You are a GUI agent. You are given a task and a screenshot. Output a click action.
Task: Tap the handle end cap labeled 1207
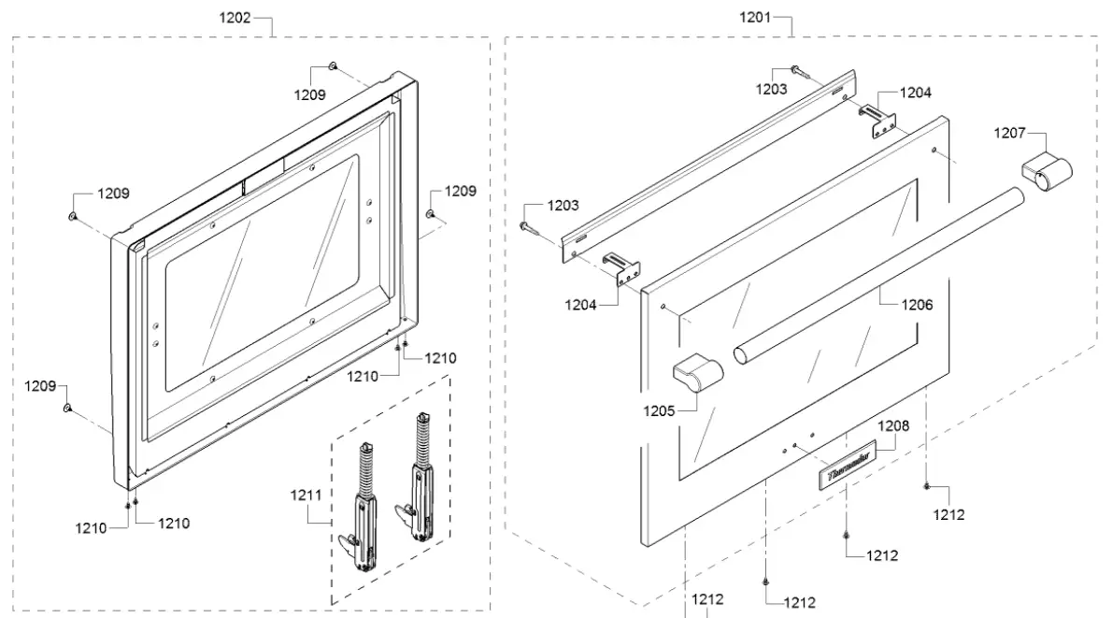(1046, 174)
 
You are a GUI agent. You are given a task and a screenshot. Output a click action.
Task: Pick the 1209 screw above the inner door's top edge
(332, 66)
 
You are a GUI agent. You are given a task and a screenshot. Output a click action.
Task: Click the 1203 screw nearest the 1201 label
(797, 70)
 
